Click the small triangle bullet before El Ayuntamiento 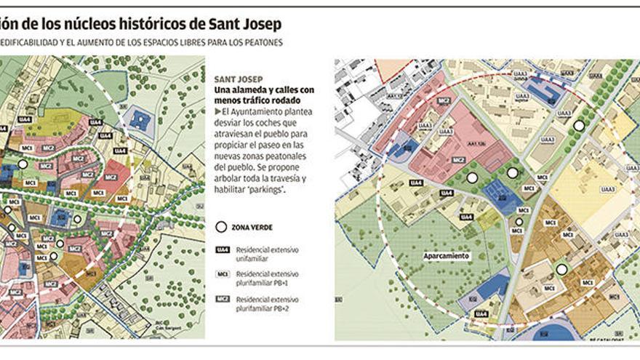(217, 111)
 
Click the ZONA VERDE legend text (252, 228)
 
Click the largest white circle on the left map (24, 164)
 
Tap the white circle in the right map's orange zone (561, 270)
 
